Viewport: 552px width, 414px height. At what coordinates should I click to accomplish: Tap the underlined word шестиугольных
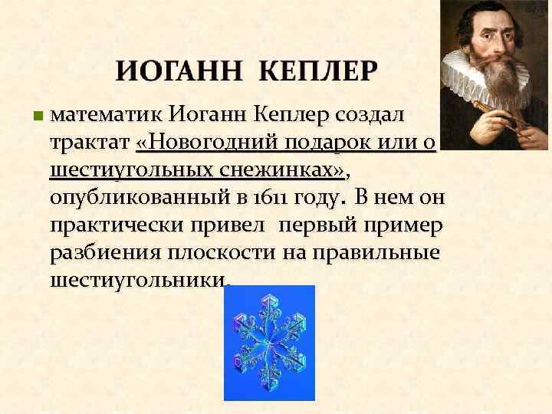click(129, 170)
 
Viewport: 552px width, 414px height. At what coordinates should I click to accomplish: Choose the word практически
click(116, 225)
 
